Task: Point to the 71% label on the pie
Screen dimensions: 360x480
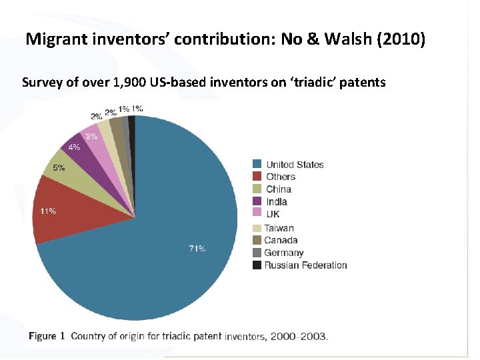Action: [197, 249]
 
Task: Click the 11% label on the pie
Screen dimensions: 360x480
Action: [48, 211]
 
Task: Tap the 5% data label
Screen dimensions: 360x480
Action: [59, 168]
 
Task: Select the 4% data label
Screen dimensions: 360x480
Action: [75, 147]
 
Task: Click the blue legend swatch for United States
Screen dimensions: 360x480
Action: [257, 165]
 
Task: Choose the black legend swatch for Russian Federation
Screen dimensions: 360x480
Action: [257, 265]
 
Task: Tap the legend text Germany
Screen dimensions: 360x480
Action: [283, 253]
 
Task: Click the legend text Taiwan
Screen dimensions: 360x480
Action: [279, 228]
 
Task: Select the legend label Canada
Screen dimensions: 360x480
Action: [281, 240]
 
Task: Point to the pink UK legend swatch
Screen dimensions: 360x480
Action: [257, 214]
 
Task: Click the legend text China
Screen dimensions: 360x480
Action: [279, 189]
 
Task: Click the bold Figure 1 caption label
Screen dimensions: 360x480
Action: [47, 336]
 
